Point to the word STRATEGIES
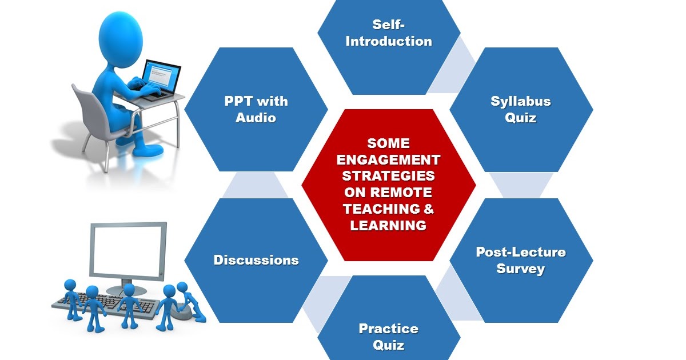pos(389,175)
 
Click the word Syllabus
pos(521,102)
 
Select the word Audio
pos(256,118)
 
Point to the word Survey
pos(521,268)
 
